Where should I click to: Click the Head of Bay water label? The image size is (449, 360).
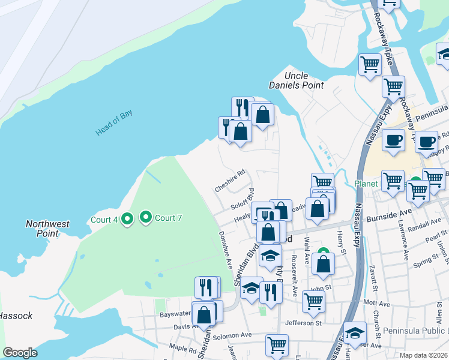point(113,125)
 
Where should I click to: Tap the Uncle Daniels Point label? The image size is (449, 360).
point(296,80)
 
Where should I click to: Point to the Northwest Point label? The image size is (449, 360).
point(47,229)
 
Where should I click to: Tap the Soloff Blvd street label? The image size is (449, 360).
point(242,199)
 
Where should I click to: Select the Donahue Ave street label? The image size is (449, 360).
point(226,249)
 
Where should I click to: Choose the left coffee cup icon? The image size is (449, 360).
point(393,140)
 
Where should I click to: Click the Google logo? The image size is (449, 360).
point(20,353)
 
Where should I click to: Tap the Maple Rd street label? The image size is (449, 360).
point(183,349)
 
